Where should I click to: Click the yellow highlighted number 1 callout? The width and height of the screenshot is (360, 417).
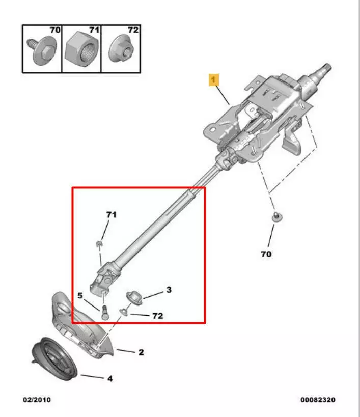tap(214, 80)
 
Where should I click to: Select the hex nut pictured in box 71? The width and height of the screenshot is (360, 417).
tap(81, 49)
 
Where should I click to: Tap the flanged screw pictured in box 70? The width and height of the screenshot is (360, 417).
tap(42, 51)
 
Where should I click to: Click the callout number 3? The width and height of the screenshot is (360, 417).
tap(169, 290)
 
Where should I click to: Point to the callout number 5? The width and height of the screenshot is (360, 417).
tap(80, 295)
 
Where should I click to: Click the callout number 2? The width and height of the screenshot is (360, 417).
tap(141, 352)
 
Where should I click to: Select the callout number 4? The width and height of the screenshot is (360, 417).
tap(110, 378)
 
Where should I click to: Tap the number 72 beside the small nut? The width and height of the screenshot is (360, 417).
tap(158, 316)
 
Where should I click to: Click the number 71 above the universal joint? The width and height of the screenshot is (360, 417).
tap(112, 214)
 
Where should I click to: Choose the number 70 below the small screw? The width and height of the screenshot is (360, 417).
tap(266, 254)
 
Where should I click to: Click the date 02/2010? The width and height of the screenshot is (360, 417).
tap(37, 400)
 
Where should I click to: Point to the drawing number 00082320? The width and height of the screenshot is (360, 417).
tap(318, 400)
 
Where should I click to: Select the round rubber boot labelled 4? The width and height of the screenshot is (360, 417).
tap(55, 359)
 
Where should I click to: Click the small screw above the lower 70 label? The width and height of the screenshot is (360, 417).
tap(277, 217)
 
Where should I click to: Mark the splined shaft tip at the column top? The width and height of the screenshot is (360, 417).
tap(325, 70)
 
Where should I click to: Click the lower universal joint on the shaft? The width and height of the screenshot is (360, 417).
tap(105, 277)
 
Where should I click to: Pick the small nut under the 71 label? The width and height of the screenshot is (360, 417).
tap(99, 244)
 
